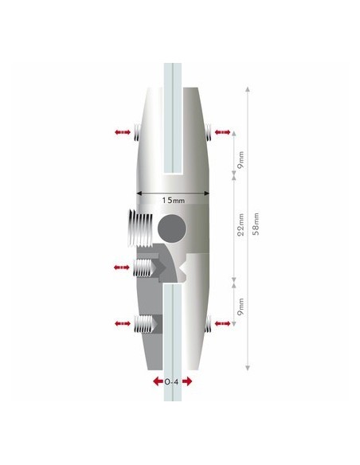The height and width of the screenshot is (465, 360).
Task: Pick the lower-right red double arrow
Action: coord(223,322)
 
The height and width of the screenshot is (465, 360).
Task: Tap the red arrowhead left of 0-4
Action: coord(155,381)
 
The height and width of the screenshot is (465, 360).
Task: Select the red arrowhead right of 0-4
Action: coord(190,381)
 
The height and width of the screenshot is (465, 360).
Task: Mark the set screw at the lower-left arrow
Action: coord(147,323)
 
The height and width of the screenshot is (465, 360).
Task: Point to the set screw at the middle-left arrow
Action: coord(147,268)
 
